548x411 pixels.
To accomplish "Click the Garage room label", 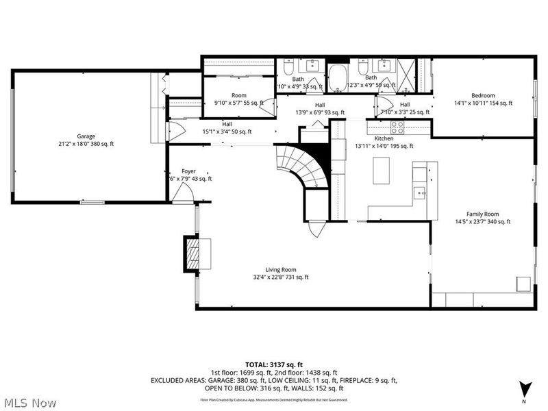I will pos(86,136).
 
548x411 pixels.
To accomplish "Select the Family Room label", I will pos(482,214).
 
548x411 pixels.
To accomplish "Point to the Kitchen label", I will pos(383,138).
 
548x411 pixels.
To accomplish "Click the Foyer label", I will pos(188,171).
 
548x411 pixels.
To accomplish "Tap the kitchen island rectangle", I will pos(381,171).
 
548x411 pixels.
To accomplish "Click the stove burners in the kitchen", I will pos(397,127).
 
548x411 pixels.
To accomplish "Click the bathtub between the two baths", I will pos(338,77).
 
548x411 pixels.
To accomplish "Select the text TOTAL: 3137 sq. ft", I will pos(273,364).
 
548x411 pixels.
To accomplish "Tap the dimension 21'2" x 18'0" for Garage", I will pos(86,144).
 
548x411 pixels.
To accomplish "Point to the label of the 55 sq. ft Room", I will pos(238,95).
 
